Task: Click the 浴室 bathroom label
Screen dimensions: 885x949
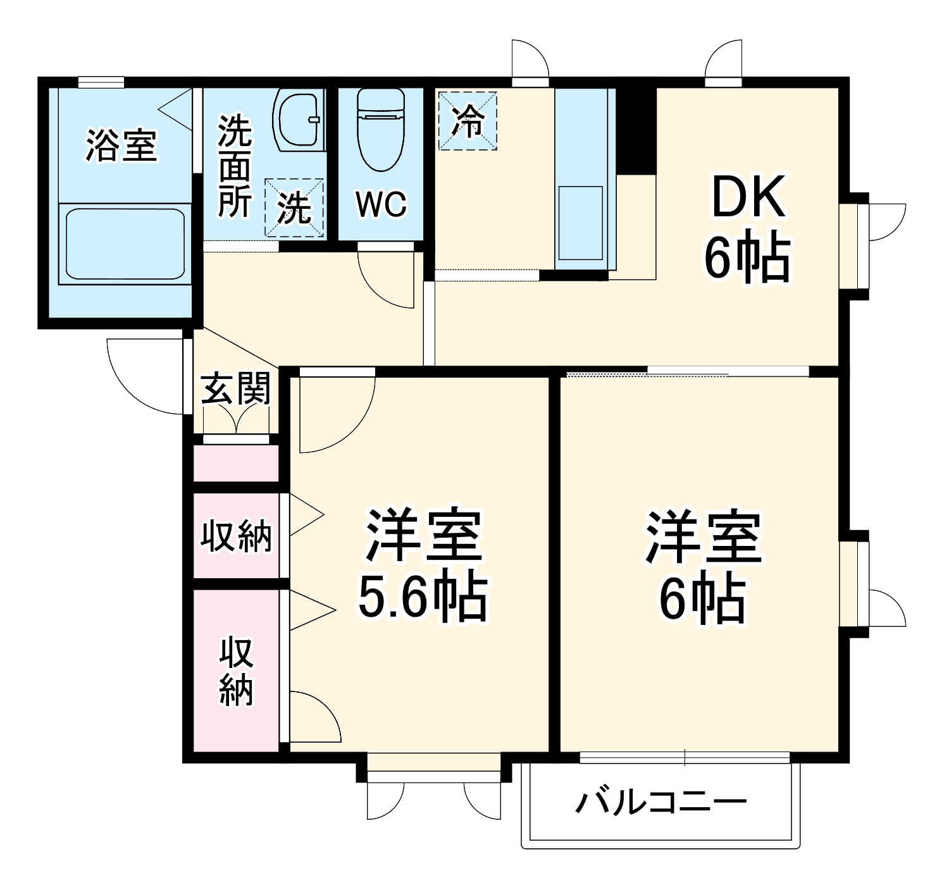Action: [121, 145]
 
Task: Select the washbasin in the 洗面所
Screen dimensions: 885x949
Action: [298, 120]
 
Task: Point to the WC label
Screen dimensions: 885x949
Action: [380, 204]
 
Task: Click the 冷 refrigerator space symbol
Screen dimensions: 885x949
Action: [468, 121]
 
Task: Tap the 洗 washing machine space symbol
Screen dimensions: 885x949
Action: [294, 207]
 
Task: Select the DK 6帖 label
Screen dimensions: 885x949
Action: [748, 231]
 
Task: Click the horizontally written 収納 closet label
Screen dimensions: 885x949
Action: [235, 536]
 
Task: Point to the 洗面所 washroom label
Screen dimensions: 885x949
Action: [235, 166]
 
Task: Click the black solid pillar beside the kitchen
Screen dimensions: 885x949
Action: [636, 130]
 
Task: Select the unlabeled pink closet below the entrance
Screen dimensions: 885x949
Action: [235, 464]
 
